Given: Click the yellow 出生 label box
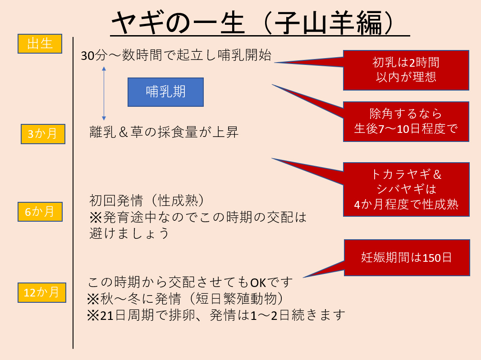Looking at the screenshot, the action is click(40, 44).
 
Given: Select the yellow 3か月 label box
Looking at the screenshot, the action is click(43, 134).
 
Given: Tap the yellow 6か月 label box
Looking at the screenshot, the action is click(40, 212).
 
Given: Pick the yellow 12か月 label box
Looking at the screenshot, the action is click(42, 292).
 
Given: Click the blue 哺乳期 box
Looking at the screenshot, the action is click(165, 92).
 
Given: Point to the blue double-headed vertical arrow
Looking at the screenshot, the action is click(104, 93).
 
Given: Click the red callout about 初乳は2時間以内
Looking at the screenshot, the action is click(406, 70).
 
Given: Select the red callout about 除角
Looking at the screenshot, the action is click(406, 122).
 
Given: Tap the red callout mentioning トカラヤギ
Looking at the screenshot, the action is click(406, 190).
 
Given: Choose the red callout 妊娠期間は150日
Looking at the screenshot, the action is click(407, 258).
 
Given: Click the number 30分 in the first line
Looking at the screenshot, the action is click(94, 55).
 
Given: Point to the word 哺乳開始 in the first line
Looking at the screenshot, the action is click(244, 55).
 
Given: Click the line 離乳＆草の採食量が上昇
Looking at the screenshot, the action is click(164, 132).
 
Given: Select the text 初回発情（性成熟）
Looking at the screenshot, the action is click(147, 201).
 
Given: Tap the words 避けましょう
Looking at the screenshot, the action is click(129, 233).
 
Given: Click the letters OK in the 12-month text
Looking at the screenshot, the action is click(258, 283).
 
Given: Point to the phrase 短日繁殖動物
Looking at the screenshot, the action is click(236, 298).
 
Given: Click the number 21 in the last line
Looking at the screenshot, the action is click(107, 315).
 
